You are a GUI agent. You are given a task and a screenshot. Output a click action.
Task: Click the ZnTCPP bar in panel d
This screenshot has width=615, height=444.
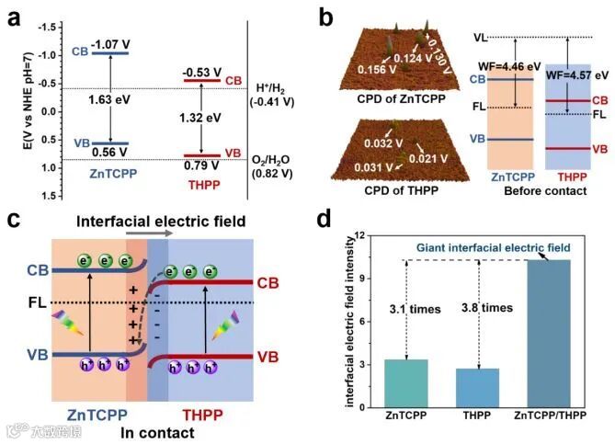click(x=405, y=383)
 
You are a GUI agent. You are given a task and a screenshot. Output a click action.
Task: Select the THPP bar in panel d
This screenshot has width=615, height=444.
click(x=478, y=388)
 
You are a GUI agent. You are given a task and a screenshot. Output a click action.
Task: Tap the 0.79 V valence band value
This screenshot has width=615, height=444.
click(x=200, y=166)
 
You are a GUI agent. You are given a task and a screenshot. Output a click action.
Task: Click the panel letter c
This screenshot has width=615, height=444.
click(x=15, y=220)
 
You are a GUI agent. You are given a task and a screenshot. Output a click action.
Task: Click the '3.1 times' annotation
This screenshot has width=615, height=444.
click(x=407, y=310)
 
